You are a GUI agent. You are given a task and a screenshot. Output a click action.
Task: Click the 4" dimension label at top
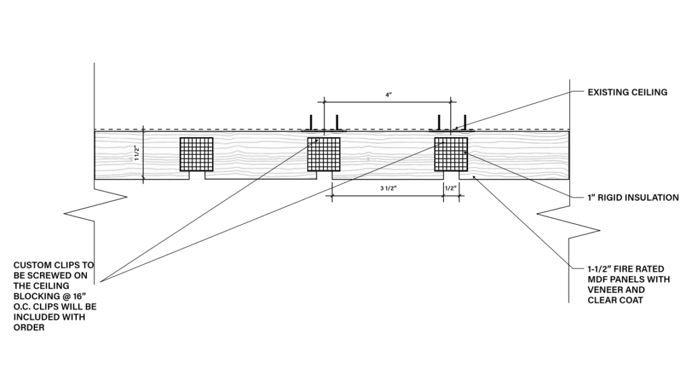(388, 95)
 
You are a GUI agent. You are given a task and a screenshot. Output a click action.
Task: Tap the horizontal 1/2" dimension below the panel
(451, 189)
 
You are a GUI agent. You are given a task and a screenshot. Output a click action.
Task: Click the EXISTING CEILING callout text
(627, 92)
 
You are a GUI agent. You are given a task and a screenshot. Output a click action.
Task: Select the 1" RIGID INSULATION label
(633, 197)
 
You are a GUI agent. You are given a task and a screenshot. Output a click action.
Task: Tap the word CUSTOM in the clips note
(32, 265)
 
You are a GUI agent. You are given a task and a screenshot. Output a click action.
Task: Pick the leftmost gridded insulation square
(196, 154)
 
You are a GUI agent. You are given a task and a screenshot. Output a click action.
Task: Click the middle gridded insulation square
(324, 154)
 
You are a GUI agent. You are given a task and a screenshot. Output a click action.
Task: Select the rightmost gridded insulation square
(451, 154)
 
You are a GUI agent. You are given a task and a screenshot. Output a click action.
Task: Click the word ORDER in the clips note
(29, 328)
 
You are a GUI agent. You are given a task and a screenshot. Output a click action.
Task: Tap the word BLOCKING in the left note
(35, 297)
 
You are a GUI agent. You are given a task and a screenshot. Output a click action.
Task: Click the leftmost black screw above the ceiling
(311, 122)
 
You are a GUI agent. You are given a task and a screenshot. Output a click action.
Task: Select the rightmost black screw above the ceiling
(465, 122)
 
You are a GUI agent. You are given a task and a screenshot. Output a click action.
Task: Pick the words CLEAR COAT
(615, 300)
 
